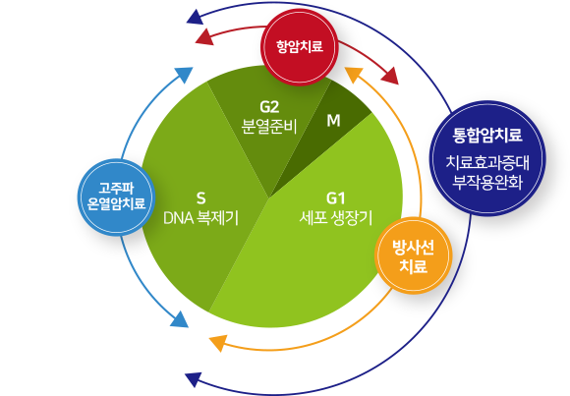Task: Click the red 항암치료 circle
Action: pos(300,47)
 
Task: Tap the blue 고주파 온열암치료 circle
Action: pos(116,198)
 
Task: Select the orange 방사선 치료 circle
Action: pos(414,255)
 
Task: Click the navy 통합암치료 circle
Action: pos(487,158)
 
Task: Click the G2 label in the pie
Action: pos(269,107)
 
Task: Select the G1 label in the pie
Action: pos(335,198)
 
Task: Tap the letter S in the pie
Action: pos(201,198)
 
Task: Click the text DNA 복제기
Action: pos(201,218)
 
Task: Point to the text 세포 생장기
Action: pos(335,218)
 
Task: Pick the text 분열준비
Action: pos(269,127)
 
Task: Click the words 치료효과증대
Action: pos(487,163)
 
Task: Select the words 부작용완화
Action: pos(487,182)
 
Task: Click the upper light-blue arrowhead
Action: pos(184,74)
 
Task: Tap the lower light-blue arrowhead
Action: pos(180,319)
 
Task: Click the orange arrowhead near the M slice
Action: pos(354,74)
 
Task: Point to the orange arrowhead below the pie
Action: pos(218,343)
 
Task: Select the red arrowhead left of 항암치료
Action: pos(204,37)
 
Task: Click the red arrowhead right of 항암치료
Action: pos(390,76)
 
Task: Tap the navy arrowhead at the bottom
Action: pos(194,379)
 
